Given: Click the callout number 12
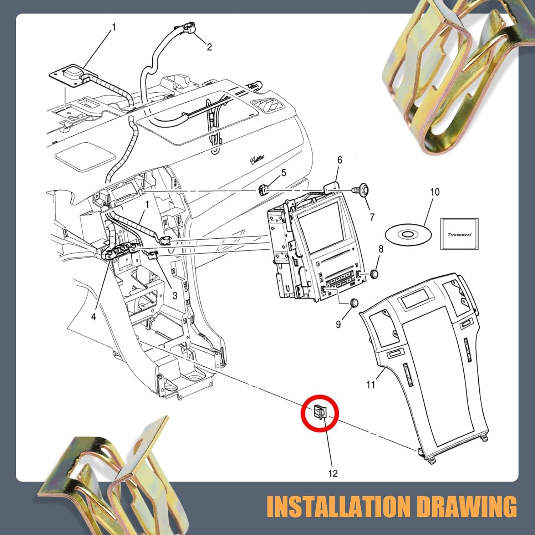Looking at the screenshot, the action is pos(333,473).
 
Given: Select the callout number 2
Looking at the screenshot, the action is pos(209,47).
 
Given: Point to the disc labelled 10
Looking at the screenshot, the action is pos(408,235).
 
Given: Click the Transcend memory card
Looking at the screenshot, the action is pos(459,234).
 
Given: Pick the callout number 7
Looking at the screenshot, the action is pos(372,217).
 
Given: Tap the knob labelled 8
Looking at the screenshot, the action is pos(374,274).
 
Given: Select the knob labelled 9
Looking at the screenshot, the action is pos(354,302).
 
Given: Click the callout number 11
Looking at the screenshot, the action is pos(371,385).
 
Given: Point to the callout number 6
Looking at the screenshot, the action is pos(340,160).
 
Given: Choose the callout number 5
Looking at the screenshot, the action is pos(284,173).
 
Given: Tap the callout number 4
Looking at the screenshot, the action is pos(93,316).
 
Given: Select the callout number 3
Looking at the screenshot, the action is pos(175,295).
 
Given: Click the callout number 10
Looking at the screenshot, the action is pos(435,192).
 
